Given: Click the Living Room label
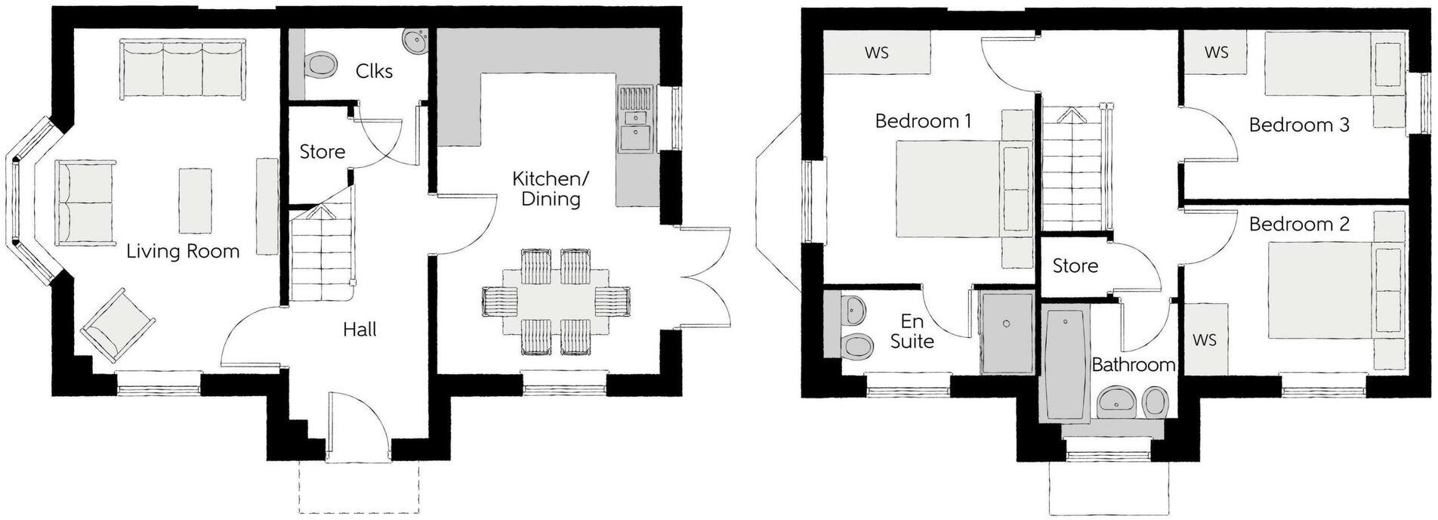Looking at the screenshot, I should pos(183,252).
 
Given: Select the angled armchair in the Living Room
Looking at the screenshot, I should pos(117,326).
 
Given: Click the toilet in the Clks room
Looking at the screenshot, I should pos(321,64).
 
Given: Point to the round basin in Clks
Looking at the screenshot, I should pos(414,40).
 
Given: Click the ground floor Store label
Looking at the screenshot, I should pos(322,152).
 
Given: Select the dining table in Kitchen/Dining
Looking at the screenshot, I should pos(556,302).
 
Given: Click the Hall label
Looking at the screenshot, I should pos(359,330).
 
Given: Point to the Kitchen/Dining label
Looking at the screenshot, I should pos(550,189).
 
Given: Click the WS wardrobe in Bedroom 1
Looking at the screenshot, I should pos(876,53).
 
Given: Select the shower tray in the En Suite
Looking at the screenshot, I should pos(1006,333).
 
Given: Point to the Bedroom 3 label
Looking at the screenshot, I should pos(1299,125).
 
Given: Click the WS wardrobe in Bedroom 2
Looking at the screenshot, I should pos(1205,340).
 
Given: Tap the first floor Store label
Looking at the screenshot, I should pos(1075,266).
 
